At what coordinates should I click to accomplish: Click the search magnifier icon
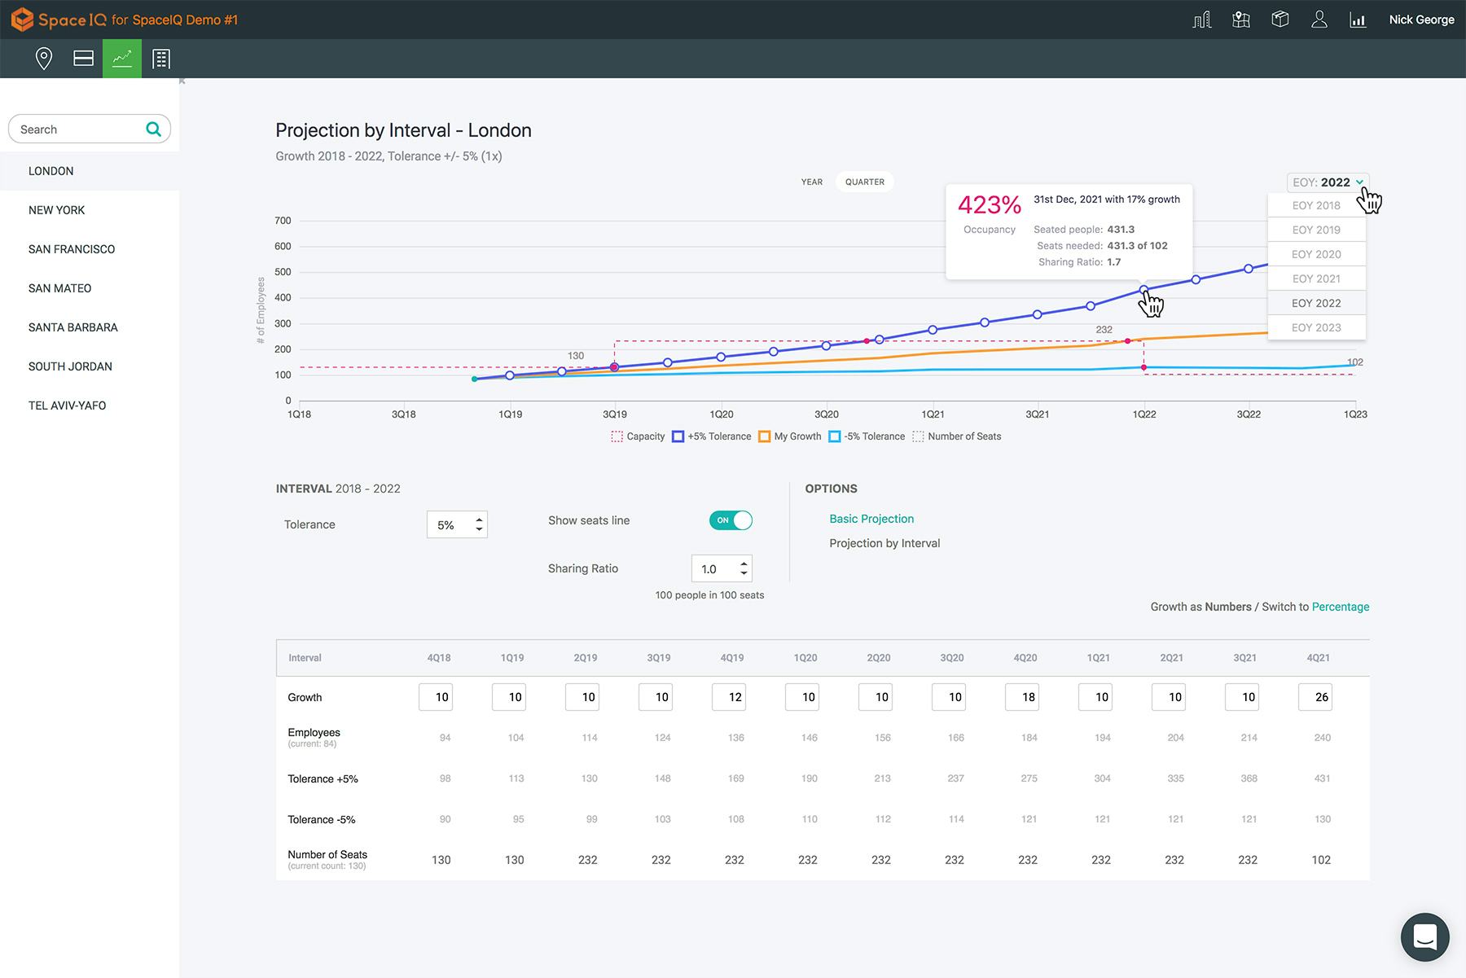pos(153,129)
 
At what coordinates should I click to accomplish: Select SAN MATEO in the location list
pos(59,288)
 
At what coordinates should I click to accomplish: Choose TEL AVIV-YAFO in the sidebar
pos(67,406)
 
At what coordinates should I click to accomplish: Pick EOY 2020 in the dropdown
pos(1316,254)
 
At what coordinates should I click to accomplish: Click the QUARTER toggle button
pos(864,182)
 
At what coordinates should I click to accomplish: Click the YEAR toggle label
pos(811,182)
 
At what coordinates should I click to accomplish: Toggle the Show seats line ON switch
pos(731,520)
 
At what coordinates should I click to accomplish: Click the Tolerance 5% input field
pos(455,525)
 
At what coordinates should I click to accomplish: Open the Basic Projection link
pos(871,519)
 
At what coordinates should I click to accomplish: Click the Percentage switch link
pos(1340,607)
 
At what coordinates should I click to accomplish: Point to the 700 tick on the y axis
pos(283,221)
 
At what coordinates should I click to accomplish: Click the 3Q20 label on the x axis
pos(826,414)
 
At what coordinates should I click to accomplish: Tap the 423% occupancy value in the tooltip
pos(989,205)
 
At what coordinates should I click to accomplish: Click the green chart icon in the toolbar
pos(122,59)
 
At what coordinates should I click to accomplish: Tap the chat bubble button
pos(1424,936)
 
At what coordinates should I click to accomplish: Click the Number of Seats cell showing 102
pos(1320,860)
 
